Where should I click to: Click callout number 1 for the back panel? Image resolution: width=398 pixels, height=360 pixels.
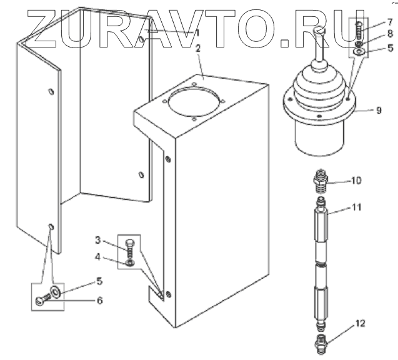click(x=197, y=32)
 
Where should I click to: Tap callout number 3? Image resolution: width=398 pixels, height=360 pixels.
click(x=97, y=240)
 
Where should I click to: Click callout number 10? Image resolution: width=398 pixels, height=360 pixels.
click(x=356, y=181)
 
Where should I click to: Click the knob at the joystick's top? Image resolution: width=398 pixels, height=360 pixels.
click(x=319, y=30)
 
